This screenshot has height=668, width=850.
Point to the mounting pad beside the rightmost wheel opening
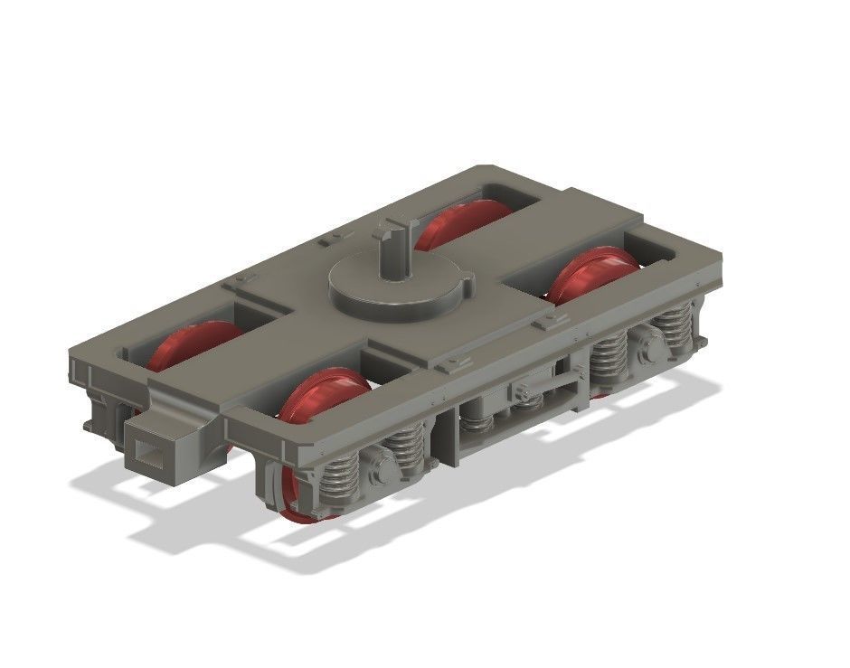[x=544, y=321]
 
